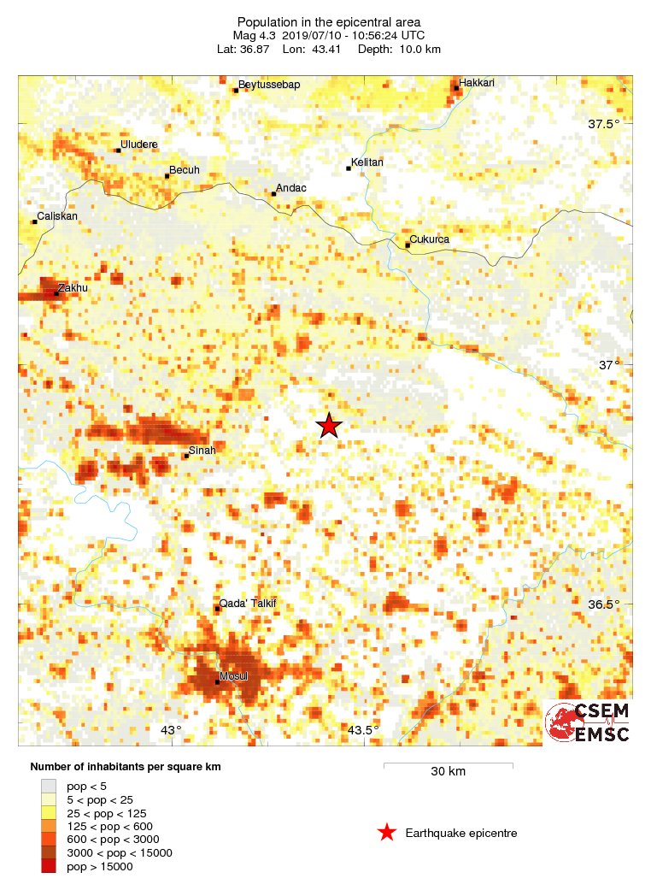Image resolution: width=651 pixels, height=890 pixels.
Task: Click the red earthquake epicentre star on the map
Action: click(x=329, y=425)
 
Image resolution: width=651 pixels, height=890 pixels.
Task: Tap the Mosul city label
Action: click(x=234, y=676)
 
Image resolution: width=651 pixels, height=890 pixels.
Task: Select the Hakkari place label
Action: click(x=477, y=83)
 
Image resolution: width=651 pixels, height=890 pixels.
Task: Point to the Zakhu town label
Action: click(x=73, y=288)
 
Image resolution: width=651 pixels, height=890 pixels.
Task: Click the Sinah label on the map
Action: click(x=202, y=450)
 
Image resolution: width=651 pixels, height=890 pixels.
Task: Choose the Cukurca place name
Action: click(x=430, y=239)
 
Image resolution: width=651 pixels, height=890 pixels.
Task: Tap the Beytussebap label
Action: click(x=270, y=84)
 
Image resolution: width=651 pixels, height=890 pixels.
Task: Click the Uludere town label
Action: click(x=139, y=144)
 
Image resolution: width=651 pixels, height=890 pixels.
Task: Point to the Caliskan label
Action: click(x=56, y=216)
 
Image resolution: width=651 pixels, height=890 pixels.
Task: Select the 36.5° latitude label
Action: click(x=603, y=604)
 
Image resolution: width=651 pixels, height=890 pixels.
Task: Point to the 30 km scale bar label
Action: click(x=448, y=771)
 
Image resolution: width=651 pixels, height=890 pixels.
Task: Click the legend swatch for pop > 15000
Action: click(x=49, y=866)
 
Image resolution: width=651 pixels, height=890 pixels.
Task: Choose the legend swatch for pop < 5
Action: click(x=49, y=785)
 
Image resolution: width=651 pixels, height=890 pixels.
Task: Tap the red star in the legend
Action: click(x=387, y=833)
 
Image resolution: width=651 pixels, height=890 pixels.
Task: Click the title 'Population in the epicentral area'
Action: click(x=329, y=21)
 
